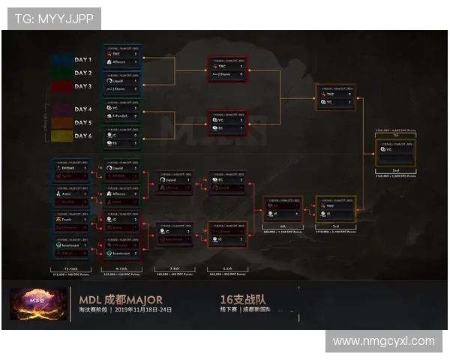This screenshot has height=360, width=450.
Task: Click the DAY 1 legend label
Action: tap(82, 59)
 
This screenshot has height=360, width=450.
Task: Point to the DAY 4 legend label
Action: tap(82, 109)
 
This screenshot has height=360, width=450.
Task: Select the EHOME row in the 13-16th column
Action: tap(72, 169)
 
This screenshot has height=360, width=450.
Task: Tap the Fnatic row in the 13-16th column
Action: tap(72, 218)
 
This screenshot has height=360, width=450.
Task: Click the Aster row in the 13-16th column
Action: tap(72, 193)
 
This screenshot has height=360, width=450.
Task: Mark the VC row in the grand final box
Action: tap(396, 150)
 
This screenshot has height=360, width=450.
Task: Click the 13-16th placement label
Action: tap(72, 267)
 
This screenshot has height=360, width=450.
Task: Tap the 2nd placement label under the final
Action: tap(396, 169)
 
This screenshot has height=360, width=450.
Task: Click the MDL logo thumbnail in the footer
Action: tap(30, 304)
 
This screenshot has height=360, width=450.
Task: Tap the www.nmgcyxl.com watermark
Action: tap(383, 341)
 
